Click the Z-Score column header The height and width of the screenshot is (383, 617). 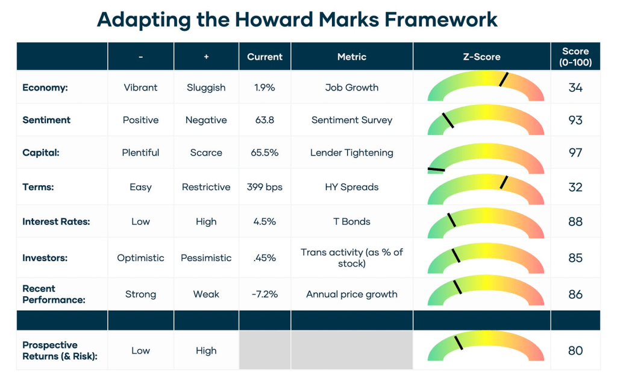pyautogui.click(x=481, y=57)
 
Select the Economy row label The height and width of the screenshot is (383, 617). pyautogui.click(x=45, y=87)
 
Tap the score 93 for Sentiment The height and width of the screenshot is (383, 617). pyautogui.click(x=575, y=120)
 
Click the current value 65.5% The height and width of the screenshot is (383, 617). pyautogui.click(x=265, y=153)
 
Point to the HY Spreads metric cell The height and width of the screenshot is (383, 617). pyautogui.click(x=351, y=187)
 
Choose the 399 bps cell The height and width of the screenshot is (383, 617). pyautogui.click(x=265, y=187)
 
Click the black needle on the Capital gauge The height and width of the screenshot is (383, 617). pyautogui.click(x=436, y=169)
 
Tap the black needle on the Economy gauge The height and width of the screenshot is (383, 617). pyautogui.click(x=504, y=80)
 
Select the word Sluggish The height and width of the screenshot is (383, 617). pyautogui.click(x=206, y=87)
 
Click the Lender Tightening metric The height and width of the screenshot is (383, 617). pyautogui.click(x=351, y=153)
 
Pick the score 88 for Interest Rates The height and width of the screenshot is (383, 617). pyautogui.click(x=575, y=221)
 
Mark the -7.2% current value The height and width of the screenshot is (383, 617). pyautogui.click(x=265, y=294)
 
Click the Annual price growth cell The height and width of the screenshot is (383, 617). pyautogui.click(x=351, y=294)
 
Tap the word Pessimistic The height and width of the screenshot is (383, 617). pyautogui.click(x=206, y=258)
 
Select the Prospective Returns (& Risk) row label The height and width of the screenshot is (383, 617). pyautogui.click(x=60, y=350)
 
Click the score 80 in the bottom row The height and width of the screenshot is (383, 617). pyautogui.click(x=575, y=350)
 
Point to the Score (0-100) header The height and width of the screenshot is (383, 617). pyautogui.click(x=575, y=57)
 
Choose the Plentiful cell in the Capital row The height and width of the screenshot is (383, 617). pyautogui.click(x=140, y=153)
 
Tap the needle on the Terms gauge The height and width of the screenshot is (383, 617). pyautogui.click(x=504, y=182)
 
